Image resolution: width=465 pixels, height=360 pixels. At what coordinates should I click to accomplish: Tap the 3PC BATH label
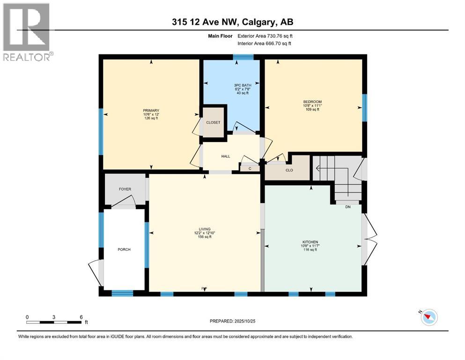[242, 85]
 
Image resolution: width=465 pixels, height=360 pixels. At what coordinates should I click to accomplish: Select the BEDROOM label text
[312, 102]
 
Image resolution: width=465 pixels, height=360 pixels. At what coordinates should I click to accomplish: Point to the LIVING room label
[204, 229]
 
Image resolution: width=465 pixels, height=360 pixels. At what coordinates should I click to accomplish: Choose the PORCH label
[124, 249]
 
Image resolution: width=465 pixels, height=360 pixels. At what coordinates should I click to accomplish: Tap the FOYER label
[125, 189]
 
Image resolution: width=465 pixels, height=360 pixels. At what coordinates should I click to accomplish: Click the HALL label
[226, 156]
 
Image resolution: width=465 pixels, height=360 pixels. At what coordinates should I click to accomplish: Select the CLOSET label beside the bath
[213, 123]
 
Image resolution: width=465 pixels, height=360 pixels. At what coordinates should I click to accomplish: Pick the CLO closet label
[289, 170]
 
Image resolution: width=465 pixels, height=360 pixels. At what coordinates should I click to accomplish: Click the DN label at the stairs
[347, 207]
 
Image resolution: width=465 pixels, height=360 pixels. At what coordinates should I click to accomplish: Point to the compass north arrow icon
[428, 318]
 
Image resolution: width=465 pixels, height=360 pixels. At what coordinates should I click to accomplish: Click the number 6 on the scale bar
[81, 317]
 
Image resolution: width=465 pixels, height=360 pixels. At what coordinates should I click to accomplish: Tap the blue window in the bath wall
[244, 57]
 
